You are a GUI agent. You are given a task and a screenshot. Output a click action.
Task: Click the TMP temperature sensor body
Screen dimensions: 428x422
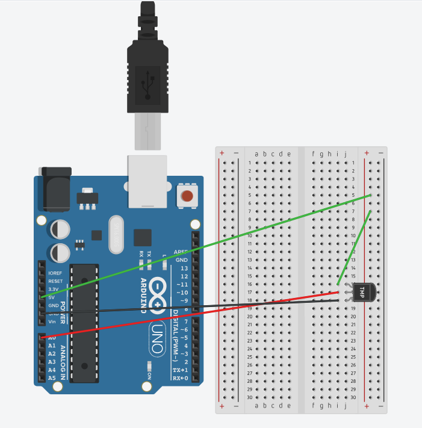363,292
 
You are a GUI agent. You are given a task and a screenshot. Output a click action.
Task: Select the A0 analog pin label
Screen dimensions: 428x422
52,338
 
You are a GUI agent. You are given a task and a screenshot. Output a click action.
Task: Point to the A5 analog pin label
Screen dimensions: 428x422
52,378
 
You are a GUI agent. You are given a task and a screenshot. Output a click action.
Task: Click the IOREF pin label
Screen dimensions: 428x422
55,273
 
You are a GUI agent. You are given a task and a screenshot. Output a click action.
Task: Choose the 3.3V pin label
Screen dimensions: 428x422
54,289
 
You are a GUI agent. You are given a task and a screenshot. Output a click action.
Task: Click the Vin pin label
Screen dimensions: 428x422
52,321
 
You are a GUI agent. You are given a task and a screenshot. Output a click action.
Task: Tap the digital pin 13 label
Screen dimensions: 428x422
184,267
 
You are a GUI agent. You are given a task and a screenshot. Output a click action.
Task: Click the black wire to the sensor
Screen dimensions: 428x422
211,306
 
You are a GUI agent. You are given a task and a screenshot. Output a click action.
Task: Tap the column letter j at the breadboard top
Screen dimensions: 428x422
346,154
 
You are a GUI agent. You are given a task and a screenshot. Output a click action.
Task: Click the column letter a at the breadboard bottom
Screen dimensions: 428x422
257,406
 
